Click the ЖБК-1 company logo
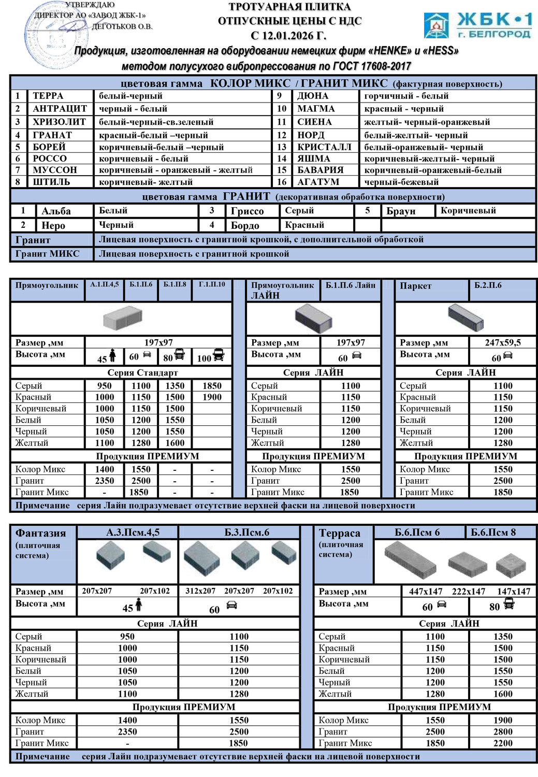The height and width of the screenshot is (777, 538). pyautogui.click(x=477, y=26)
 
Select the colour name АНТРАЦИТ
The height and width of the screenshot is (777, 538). pyautogui.click(x=60, y=109)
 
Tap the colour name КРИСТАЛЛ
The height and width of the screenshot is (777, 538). pyautogui.click(x=324, y=147)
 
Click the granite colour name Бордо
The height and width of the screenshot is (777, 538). pyautogui.click(x=245, y=225)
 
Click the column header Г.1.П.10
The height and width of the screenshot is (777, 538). pyautogui.click(x=212, y=284)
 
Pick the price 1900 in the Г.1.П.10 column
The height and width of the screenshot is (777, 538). pyautogui.click(x=212, y=397)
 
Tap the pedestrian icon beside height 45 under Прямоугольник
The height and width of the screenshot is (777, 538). pyautogui.click(x=112, y=356)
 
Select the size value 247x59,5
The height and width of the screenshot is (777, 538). pyautogui.click(x=503, y=342)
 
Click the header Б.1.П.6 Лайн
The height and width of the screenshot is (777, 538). pyautogui.click(x=350, y=285)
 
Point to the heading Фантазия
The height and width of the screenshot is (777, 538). pyautogui.click(x=40, y=533)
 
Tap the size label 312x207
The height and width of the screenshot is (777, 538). pyautogui.click(x=200, y=591)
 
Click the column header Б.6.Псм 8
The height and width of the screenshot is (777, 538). pyautogui.click(x=493, y=533)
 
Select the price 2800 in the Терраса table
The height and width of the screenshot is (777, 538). pyautogui.click(x=503, y=731)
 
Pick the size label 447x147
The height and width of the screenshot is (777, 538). pyautogui.click(x=426, y=592)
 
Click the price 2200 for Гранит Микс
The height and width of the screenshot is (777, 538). pyautogui.click(x=503, y=743)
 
